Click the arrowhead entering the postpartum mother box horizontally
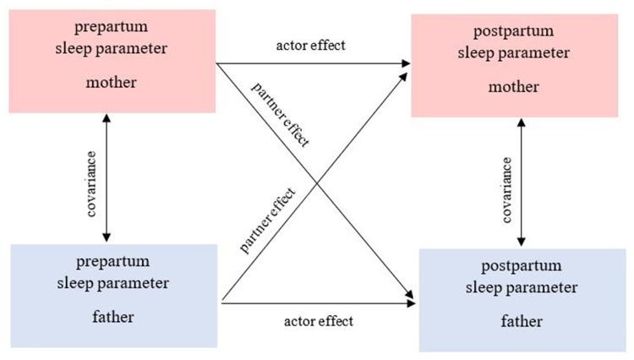[407, 63]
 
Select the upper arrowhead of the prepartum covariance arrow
[106, 118]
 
